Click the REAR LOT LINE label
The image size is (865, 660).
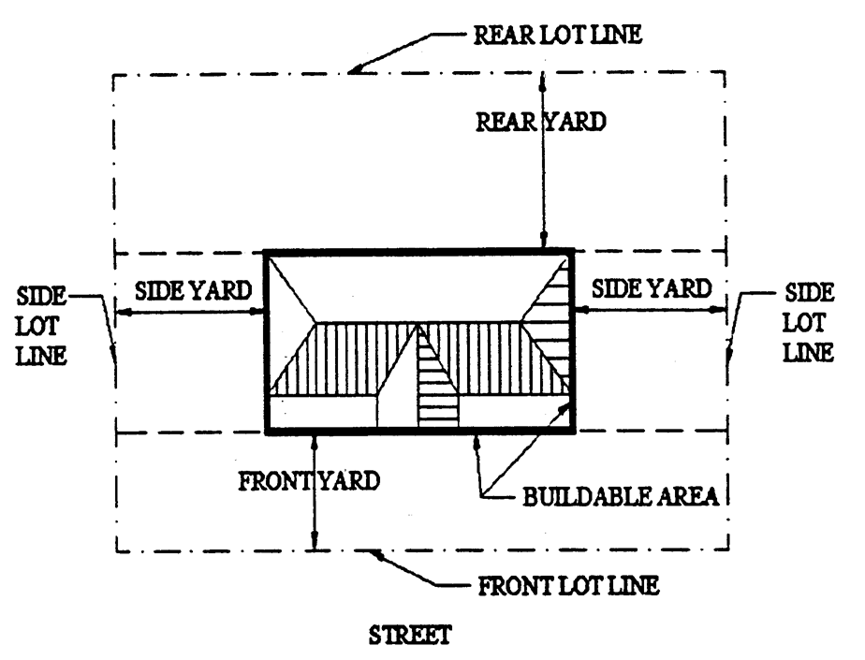[557, 36]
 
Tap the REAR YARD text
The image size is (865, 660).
[541, 122]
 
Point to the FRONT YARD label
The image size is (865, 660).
[309, 481]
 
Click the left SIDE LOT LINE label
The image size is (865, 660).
[43, 327]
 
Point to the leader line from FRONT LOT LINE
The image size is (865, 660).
[421, 573]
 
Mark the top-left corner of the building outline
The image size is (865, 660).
[267, 253]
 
